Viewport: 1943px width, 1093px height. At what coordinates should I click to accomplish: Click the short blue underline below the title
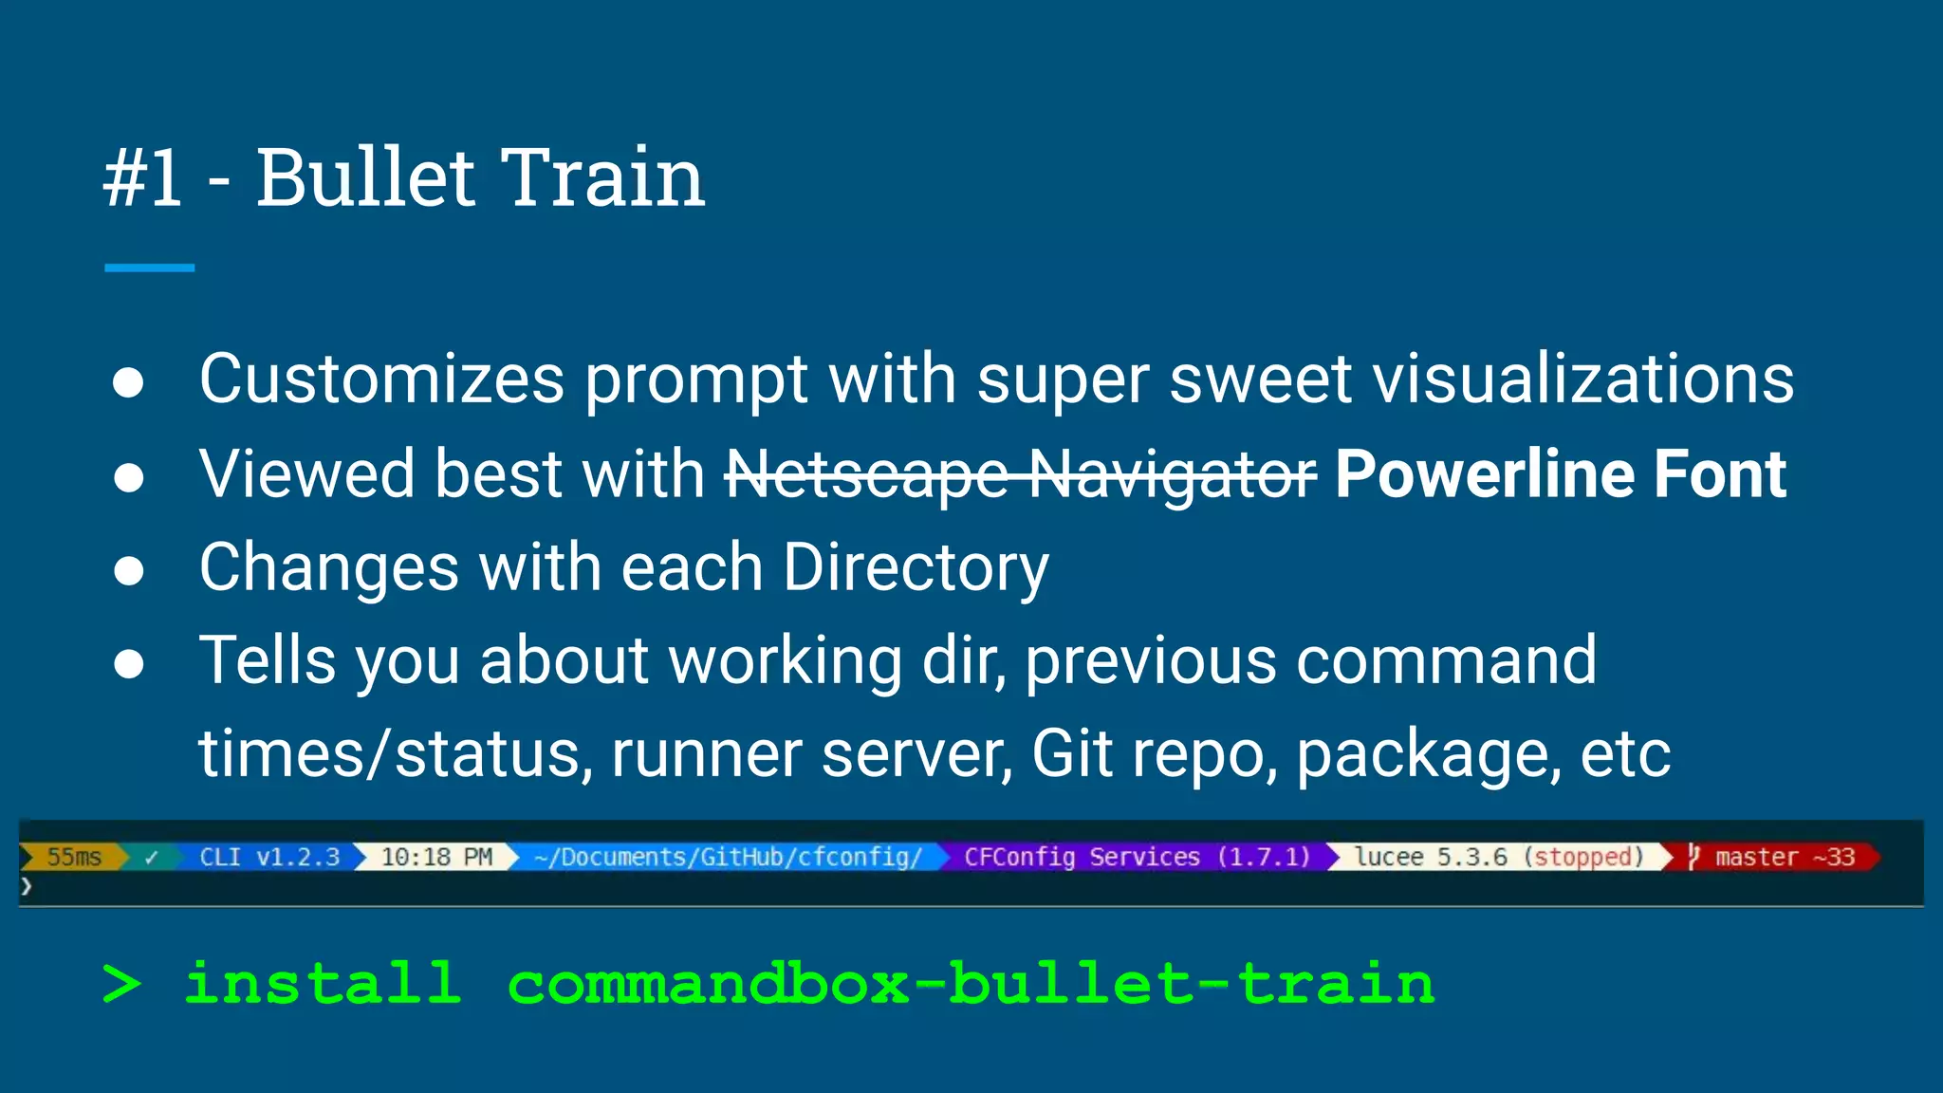click(x=149, y=269)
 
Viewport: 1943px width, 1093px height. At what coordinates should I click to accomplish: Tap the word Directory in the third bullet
click(x=916, y=567)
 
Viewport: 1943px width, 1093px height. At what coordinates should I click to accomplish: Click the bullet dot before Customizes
click(x=128, y=382)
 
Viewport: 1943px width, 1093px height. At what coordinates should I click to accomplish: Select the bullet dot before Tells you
click(x=128, y=664)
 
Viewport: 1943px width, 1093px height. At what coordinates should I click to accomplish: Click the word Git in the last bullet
click(x=1071, y=754)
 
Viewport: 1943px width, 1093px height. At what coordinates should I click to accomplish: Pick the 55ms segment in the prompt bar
click(x=74, y=857)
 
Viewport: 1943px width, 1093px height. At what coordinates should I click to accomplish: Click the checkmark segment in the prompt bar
click(x=151, y=858)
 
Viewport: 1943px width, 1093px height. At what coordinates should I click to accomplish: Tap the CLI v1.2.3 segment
click(x=268, y=857)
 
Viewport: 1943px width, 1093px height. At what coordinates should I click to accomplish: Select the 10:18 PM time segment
click(x=436, y=857)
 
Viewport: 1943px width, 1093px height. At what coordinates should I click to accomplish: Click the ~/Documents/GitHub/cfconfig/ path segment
click(x=728, y=857)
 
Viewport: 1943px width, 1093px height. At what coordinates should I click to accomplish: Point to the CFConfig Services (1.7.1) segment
click(x=1136, y=857)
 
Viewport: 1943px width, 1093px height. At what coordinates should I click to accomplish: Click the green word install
click(x=323, y=983)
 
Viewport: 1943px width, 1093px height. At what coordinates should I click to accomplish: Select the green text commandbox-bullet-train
click(x=970, y=983)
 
